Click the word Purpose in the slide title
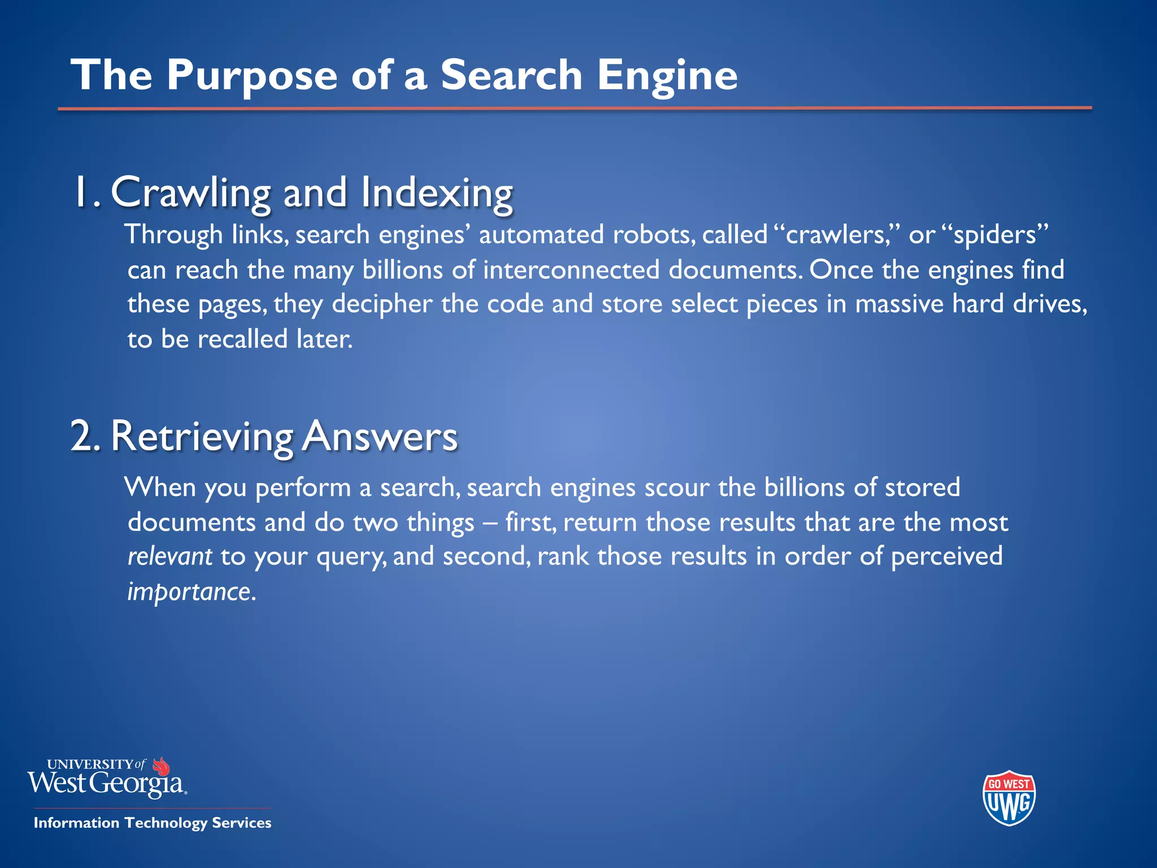coord(252,75)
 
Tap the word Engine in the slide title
coord(667,75)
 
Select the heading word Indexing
coord(437,193)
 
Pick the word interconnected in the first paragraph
coord(571,270)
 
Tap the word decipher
coord(382,305)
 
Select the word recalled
coord(242,339)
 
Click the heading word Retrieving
coord(202,437)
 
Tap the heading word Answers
coord(380,437)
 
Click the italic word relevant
coord(169,557)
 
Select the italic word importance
coord(189,592)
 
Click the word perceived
coord(946,557)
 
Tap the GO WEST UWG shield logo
coord(1009,797)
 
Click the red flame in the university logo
coord(162,766)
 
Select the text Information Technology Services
coord(153,823)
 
